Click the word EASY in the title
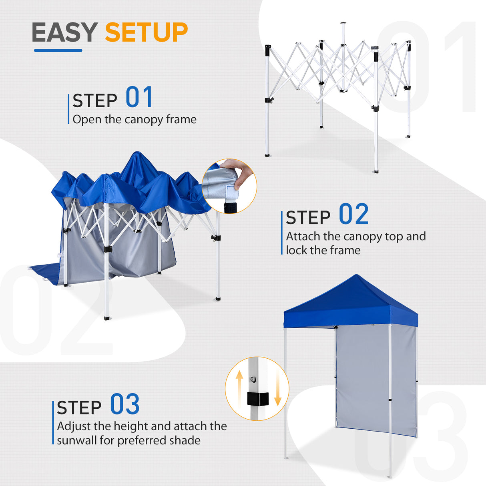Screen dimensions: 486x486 click(x=64, y=32)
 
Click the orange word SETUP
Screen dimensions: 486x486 click(x=146, y=32)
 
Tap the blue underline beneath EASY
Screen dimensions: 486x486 click(x=58, y=50)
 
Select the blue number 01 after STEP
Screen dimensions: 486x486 click(x=139, y=98)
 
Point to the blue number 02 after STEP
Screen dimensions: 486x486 click(x=353, y=215)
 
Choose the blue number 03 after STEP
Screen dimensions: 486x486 click(x=125, y=405)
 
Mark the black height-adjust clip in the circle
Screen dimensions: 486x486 click(x=257, y=399)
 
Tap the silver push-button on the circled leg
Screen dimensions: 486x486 click(x=253, y=379)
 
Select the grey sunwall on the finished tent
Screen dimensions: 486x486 click(x=362, y=380)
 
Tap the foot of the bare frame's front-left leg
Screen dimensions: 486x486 click(x=267, y=155)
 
